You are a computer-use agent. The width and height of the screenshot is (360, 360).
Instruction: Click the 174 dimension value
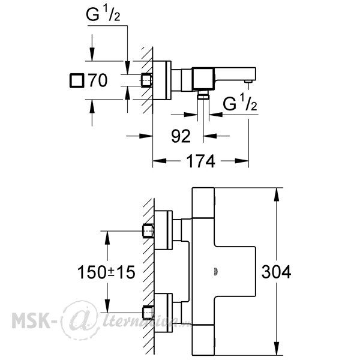(x=200, y=161)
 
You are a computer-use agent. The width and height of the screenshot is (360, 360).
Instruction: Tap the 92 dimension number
(x=181, y=136)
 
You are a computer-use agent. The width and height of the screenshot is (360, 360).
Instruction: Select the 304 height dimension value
(x=276, y=272)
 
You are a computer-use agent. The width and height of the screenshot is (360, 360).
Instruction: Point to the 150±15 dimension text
(x=106, y=272)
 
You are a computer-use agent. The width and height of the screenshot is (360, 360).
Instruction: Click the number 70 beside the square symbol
(x=98, y=80)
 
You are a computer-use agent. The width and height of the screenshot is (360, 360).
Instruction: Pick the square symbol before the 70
(x=77, y=80)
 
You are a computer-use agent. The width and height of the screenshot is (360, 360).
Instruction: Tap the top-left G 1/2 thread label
(x=103, y=14)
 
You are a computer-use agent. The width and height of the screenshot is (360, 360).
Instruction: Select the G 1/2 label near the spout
(x=239, y=103)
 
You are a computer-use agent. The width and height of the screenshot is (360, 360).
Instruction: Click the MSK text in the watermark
(x=32, y=320)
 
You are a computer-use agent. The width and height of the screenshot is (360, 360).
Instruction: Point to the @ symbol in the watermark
(x=79, y=320)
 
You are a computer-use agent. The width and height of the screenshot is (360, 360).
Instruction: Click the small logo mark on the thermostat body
(x=216, y=272)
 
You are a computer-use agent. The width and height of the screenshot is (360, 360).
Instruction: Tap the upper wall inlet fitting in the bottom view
(x=148, y=231)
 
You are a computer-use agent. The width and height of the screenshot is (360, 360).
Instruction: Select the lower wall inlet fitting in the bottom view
(x=148, y=313)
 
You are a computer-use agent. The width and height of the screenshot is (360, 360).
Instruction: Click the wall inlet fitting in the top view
(x=147, y=80)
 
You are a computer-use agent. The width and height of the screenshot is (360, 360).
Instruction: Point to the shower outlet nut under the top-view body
(x=203, y=95)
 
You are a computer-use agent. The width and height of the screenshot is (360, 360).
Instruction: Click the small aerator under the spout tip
(x=248, y=81)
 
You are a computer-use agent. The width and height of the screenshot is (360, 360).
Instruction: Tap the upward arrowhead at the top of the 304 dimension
(x=277, y=194)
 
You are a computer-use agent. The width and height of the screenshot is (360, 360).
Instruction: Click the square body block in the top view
(x=203, y=78)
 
